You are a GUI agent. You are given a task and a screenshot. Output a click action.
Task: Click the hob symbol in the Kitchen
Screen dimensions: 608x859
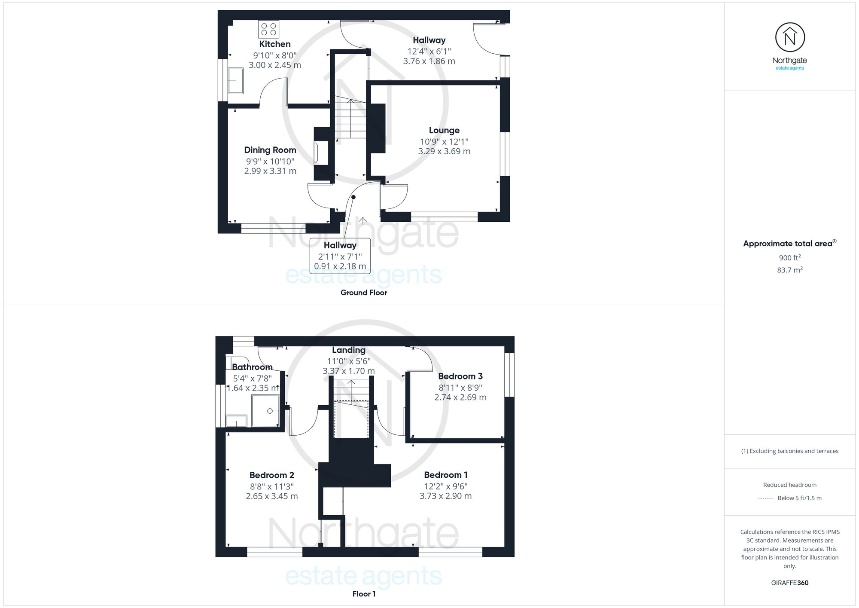click(268, 29)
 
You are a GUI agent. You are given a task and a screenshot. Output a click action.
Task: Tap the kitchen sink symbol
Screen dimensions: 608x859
click(235, 81)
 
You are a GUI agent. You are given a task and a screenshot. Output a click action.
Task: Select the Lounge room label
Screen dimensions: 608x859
click(444, 130)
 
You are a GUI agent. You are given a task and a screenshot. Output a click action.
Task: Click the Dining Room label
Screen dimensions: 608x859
click(270, 150)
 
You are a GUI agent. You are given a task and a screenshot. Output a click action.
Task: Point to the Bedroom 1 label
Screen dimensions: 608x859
click(445, 475)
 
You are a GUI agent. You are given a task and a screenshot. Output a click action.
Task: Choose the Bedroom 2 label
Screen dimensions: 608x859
click(271, 475)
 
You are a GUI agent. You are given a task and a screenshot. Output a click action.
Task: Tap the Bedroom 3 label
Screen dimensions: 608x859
click(460, 376)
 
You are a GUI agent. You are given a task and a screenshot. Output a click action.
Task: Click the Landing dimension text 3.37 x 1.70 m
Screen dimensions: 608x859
click(348, 371)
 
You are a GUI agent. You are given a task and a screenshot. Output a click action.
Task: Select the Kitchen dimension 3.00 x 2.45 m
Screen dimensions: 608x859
click(275, 65)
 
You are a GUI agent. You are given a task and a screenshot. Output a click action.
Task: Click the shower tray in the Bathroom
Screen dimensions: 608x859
click(265, 411)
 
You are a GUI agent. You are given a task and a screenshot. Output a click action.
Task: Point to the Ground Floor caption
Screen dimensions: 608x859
click(364, 293)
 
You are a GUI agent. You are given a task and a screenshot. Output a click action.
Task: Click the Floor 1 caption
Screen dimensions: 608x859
click(364, 594)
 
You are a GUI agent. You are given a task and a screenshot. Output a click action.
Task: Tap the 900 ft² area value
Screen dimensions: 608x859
click(789, 258)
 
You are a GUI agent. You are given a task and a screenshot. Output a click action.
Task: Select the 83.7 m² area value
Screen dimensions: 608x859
click(789, 270)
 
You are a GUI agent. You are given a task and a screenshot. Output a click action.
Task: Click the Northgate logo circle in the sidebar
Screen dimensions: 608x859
click(790, 38)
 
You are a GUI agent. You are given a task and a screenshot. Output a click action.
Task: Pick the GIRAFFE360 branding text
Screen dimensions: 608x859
click(789, 583)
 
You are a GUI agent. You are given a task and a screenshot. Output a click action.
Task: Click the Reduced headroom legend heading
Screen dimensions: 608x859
click(789, 485)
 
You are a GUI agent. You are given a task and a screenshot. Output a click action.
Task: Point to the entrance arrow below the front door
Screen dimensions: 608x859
click(363, 221)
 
